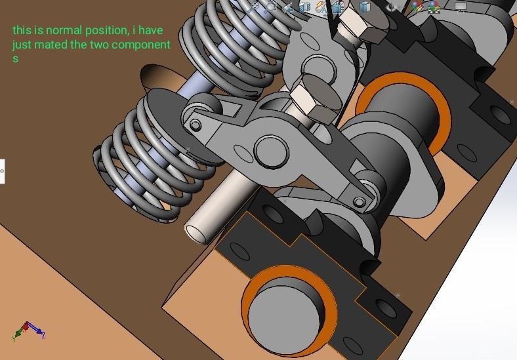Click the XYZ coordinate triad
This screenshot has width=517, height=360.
28,330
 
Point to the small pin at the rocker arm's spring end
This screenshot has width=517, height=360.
196,124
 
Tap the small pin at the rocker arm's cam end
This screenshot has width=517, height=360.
358,201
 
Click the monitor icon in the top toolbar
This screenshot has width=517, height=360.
461,7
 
